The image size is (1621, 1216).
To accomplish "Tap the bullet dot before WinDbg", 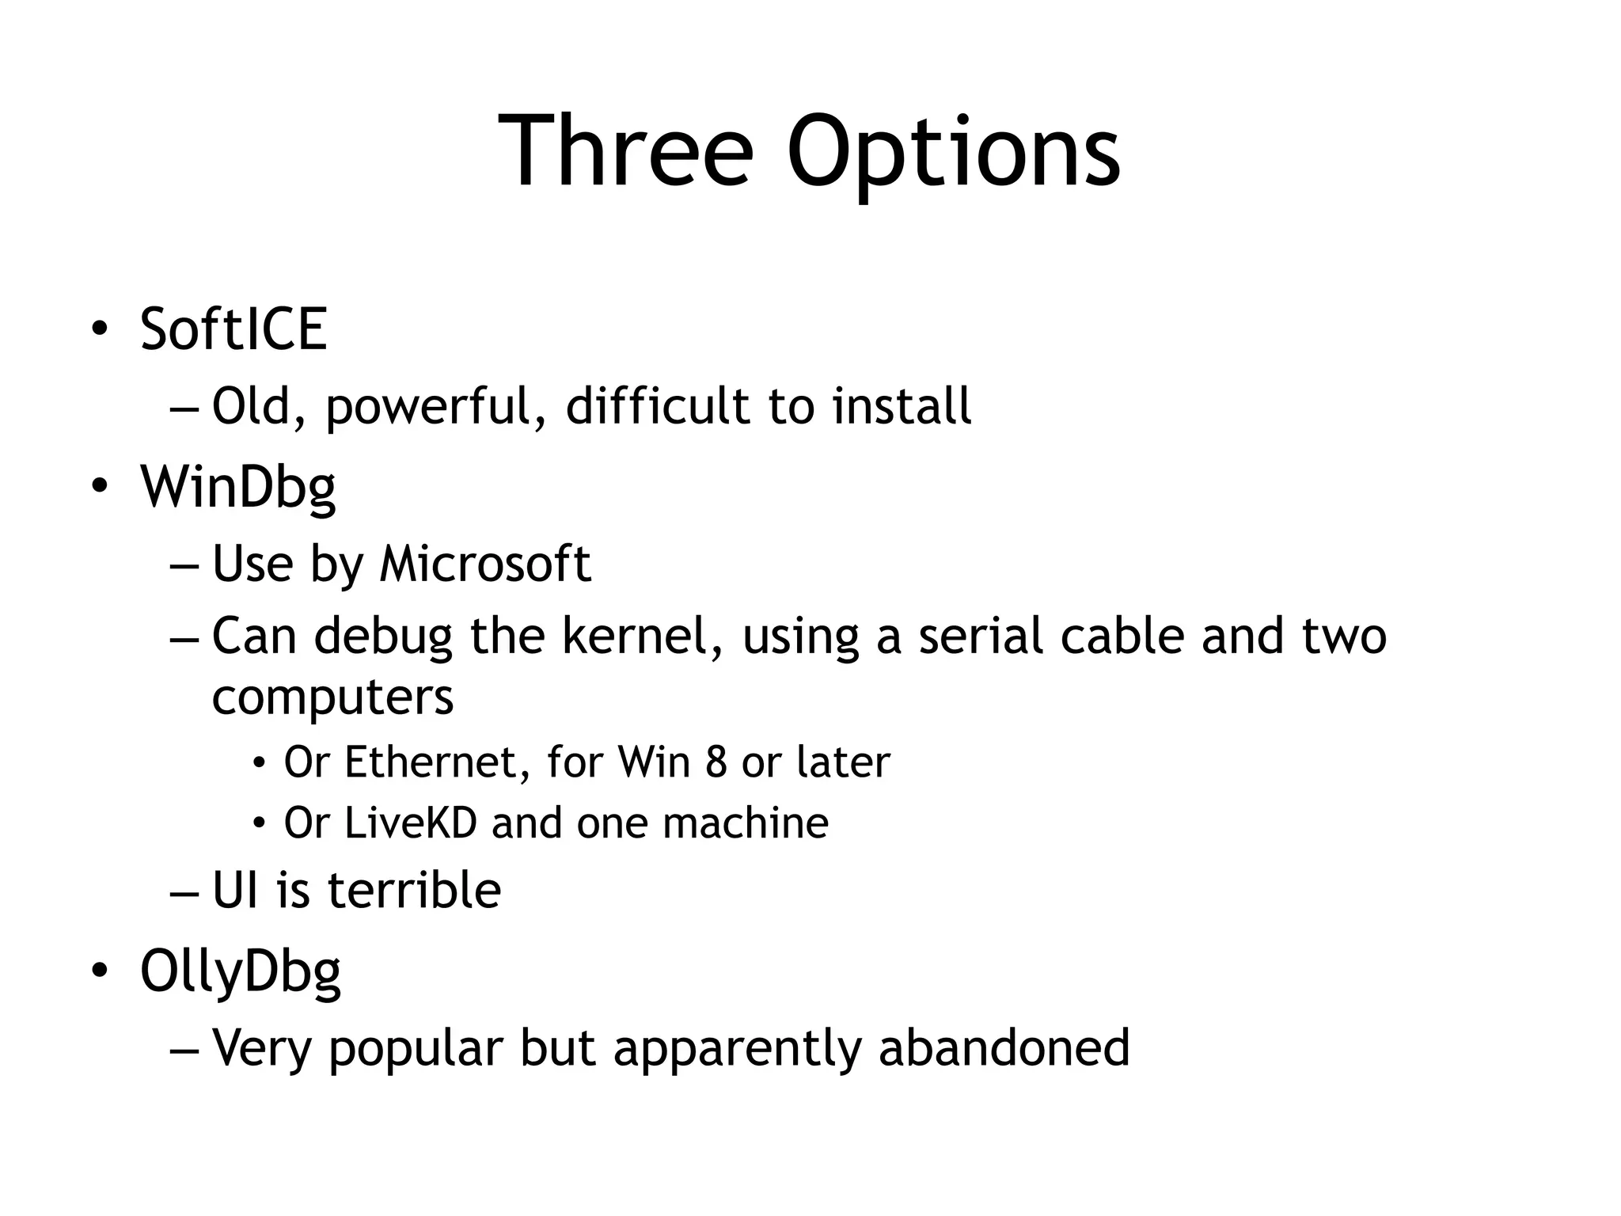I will [98, 486].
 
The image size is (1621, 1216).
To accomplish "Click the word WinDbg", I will [238, 488].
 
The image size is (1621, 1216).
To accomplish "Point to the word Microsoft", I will [485, 564].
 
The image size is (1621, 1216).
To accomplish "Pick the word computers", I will [333, 697].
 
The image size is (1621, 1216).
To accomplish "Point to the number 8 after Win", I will [716, 762].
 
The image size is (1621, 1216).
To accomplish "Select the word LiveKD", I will [411, 823].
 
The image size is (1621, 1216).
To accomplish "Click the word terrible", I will [414, 890].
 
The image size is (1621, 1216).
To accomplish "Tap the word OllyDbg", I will [241, 972].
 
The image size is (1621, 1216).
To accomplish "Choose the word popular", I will [416, 1049].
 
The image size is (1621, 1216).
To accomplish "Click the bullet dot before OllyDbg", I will [98, 971].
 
